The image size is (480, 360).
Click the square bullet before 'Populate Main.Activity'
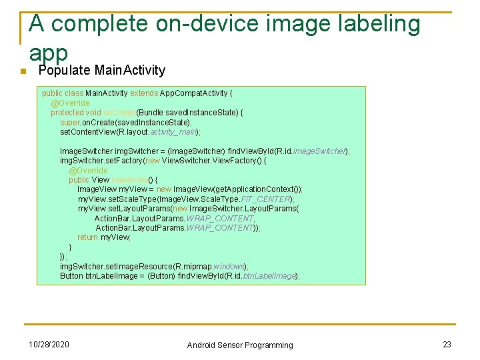coord(22,72)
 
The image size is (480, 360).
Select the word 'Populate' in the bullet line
coord(65,71)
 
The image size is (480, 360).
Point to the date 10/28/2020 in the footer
coord(49,344)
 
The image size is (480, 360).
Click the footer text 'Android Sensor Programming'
coord(240,345)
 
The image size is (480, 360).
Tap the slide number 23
coord(447,344)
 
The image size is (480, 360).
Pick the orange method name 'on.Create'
coord(120,113)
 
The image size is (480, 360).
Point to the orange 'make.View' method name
coord(130,180)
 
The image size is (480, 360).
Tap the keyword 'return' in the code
coord(87,237)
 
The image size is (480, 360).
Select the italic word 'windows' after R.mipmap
coord(230,266)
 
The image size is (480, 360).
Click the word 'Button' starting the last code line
coord(71,276)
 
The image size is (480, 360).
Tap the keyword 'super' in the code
coord(69,123)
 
